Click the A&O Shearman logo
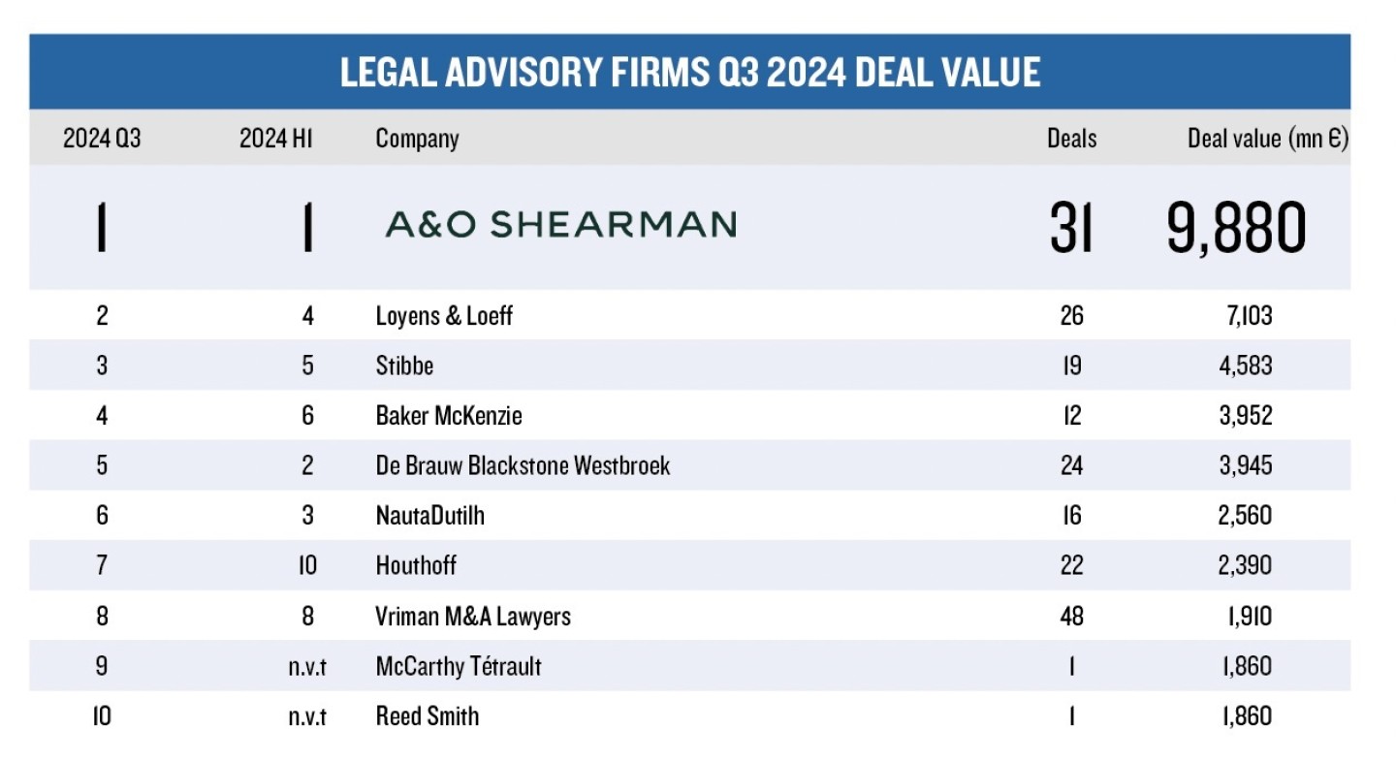(x=560, y=225)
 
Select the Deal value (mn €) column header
(x=1267, y=139)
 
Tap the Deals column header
(x=1071, y=139)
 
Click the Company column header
(x=417, y=139)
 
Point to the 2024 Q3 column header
(x=102, y=139)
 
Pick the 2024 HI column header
(x=276, y=139)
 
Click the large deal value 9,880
(x=1236, y=229)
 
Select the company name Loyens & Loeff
(x=444, y=316)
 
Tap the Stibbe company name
(x=404, y=366)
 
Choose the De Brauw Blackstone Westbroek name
(x=523, y=465)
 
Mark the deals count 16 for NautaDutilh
(x=1071, y=516)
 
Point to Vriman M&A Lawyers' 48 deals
(x=1071, y=616)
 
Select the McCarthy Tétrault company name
(x=459, y=666)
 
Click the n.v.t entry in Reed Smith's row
(x=307, y=716)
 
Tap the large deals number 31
(x=1071, y=229)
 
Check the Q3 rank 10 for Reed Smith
(x=102, y=716)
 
